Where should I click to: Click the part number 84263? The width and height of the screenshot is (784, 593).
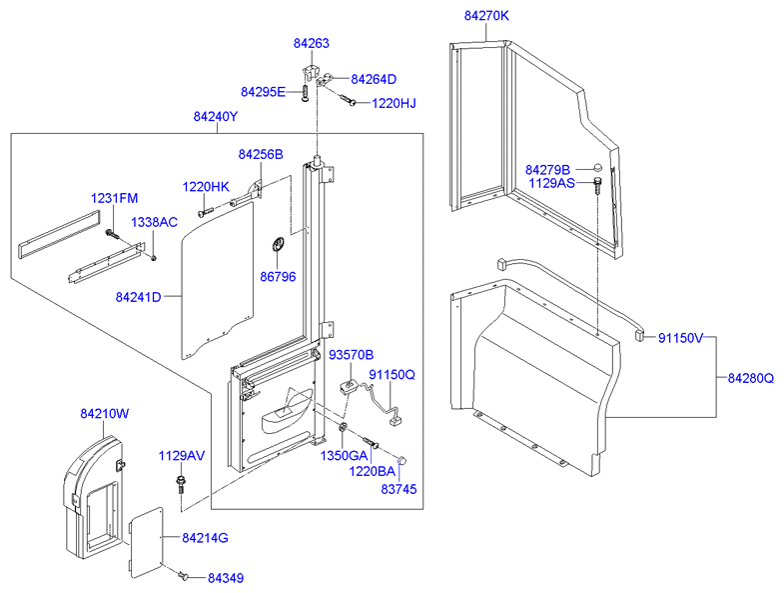312,44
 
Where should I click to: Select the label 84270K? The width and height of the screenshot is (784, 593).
486,16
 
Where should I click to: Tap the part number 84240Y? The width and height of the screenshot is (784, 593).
216,116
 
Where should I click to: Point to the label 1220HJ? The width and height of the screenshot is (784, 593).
393,102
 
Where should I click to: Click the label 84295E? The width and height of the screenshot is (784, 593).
263,92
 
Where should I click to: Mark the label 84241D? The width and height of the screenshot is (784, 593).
138,296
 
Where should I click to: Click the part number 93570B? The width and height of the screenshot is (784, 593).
351,355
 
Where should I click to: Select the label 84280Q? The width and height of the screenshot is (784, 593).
750,378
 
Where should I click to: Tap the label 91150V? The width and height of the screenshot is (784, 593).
680,338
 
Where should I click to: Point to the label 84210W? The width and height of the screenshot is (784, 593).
105,412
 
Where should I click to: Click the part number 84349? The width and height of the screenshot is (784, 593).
226,578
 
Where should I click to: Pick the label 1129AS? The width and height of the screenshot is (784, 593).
550,184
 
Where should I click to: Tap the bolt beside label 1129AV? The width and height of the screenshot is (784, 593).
181,487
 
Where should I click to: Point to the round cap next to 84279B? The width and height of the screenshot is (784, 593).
596,168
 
